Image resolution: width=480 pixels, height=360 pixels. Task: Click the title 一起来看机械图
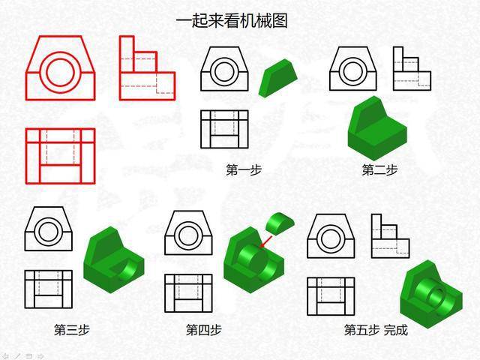[x=232, y=22]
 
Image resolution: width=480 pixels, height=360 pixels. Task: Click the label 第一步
[x=244, y=169]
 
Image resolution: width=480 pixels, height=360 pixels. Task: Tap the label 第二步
[x=379, y=169]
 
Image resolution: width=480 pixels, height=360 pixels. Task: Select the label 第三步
[x=72, y=330]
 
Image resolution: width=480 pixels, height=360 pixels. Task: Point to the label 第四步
[x=204, y=330]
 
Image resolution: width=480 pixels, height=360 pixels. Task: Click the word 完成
[x=396, y=330]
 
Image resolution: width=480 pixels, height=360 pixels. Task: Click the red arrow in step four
[x=265, y=241]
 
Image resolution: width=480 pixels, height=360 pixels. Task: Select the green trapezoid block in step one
[x=277, y=78]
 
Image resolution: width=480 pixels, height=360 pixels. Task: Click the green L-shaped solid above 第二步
[x=377, y=128]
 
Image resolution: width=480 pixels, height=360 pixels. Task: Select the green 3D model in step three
[x=114, y=259]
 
